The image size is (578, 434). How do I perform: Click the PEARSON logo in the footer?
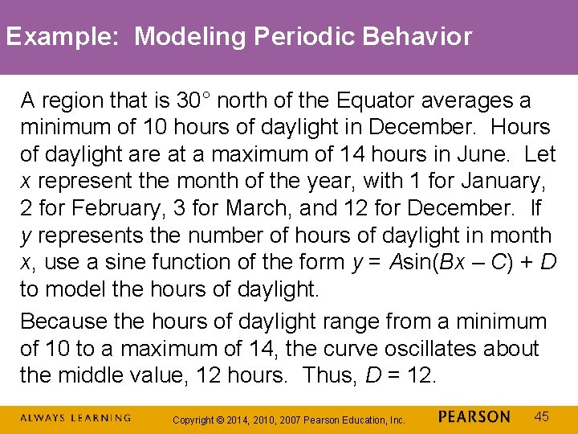474,417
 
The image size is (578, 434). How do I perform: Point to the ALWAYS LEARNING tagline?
75,418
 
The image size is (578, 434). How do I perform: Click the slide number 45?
542,416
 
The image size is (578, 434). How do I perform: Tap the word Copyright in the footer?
193,420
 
